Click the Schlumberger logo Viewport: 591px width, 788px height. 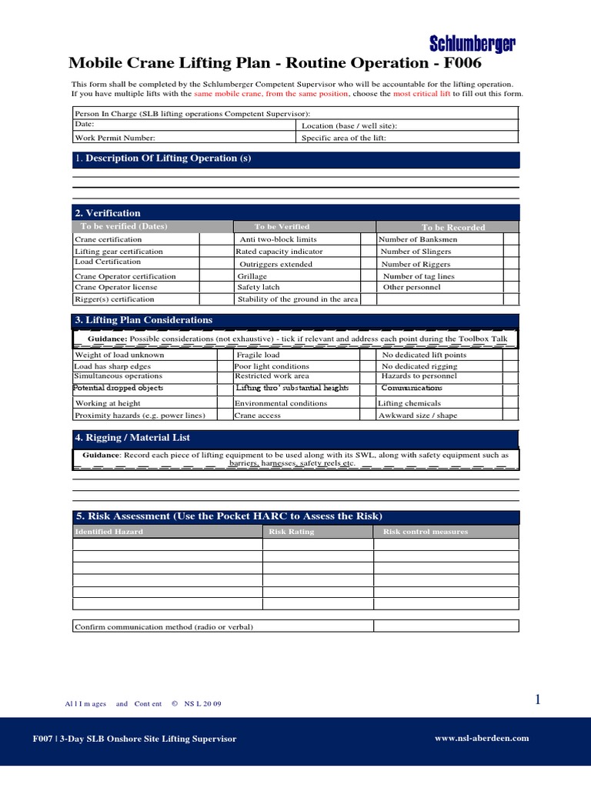pyautogui.click(x=472, y=43)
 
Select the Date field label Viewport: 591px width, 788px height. pyautogui.click(x=84, y=124)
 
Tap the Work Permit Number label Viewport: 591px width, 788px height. pyautogui.click(x=115, y=139)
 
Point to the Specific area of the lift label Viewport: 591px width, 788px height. pyautogui.click(x=343, y=139)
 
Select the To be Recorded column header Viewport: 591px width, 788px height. pyautogui.click(x=453, y=227)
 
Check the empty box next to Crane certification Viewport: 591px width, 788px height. pyautogui.click(x=216, y=239)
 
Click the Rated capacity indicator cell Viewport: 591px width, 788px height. pyautogui.click(x=279, y=252)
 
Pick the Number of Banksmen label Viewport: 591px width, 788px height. pyautogui.click(x=419, y=239)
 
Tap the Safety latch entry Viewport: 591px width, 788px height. pyautogui.click(x=259, y=287)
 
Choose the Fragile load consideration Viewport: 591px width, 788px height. pyautogui.click(x=259, y=356)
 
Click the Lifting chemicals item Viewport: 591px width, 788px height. pyautogui.click(x=409, y=403)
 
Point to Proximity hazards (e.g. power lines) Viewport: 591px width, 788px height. pyautogui.click(x=140, y=416)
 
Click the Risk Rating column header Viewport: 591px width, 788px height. pyautogui.click(x=291, y=532)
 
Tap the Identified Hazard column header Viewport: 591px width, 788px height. pyautogui.click(x=109, y=532)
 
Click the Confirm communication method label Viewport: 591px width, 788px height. pyautogui.click(x=164, y=626)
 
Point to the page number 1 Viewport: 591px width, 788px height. pyautogui.click(x=539, y=700)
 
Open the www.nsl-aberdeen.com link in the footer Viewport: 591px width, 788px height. pyautogui.click(x=482, y=738)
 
